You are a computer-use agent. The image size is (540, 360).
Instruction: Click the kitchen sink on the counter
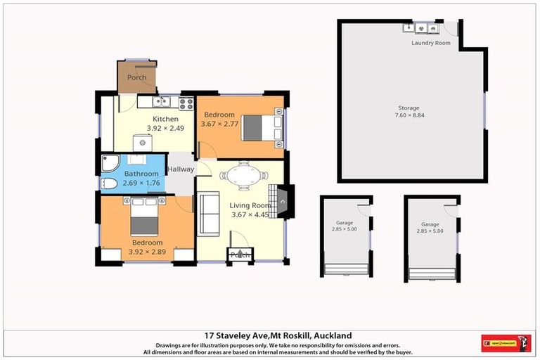161,102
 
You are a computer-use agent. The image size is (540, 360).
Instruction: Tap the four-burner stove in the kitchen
186,103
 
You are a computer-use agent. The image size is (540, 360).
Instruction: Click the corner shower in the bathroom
110,163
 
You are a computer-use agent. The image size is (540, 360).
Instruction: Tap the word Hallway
181,169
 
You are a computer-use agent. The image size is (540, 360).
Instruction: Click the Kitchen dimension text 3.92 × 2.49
165,128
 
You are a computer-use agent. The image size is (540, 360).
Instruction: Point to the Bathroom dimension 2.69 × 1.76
141,183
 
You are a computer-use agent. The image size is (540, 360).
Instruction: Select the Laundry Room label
430,43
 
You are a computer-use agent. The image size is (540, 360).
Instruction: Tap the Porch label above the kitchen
137,77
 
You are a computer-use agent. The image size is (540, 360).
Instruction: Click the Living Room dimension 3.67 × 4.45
250,214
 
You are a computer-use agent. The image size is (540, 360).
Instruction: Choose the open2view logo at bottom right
506,343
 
